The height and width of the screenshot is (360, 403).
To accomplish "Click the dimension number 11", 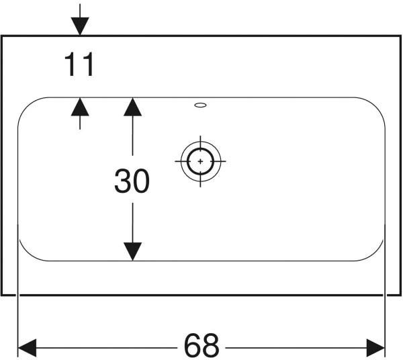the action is tap(79, 64).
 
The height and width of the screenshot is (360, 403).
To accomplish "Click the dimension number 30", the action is tap(132, 181).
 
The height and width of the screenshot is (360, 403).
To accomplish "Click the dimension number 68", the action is tap(201, 345).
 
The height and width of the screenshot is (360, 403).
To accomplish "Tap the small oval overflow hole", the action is tap(200, 105).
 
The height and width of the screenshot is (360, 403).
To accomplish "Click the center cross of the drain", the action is tap(200, 161).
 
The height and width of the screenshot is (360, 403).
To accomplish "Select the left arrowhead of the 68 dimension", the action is tap(27, 348).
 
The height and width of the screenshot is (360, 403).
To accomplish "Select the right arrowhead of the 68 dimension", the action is tap(375, 348).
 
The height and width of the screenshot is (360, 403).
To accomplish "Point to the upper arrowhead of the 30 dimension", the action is tap(132, 107).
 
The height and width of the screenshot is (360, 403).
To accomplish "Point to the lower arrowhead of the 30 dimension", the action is tap(132, 252).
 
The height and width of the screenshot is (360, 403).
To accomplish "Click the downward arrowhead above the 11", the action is tap(80, 26).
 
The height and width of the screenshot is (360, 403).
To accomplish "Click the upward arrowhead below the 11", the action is tap(80, 107).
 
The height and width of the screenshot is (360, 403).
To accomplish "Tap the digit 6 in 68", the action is tap(193, 345).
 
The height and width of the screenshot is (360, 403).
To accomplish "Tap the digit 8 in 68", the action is tap(210, 345).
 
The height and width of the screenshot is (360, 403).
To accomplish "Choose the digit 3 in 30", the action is tap(123, 181).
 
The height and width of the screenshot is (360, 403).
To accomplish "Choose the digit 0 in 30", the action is tap(141, 181).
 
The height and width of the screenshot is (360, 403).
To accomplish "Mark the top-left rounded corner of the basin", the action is tap(26, 105).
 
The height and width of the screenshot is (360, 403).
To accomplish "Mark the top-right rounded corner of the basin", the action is tap(376, 105).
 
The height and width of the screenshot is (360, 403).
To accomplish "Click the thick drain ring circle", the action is tap(200, 149).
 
